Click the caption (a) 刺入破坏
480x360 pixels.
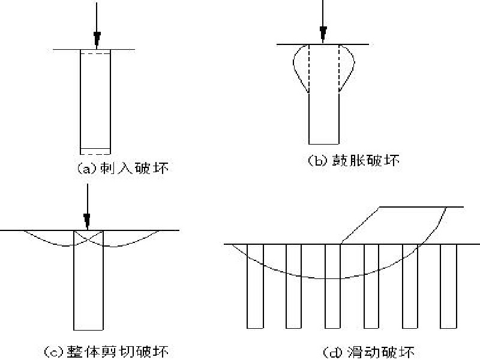pyautogui.click(x=123, y=169)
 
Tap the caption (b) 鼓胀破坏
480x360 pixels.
pyautogui.click(x=353, y=160)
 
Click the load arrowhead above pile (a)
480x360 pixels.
pyautogui.click(x=95, y=40)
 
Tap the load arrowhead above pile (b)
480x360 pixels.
pyautogui.click(x=323, y=33)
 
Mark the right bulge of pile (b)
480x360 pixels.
pyautogui.click(x=347, y=67)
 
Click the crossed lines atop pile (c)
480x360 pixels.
pyautogui.click(x=88, y=238)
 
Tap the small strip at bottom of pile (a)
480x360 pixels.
pyautogui.click(x=95, y=151)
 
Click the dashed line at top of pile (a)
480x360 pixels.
pyautogui.click(x=95, y=55)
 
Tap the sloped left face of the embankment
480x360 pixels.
pyautogui.click(x=361, y=225)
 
